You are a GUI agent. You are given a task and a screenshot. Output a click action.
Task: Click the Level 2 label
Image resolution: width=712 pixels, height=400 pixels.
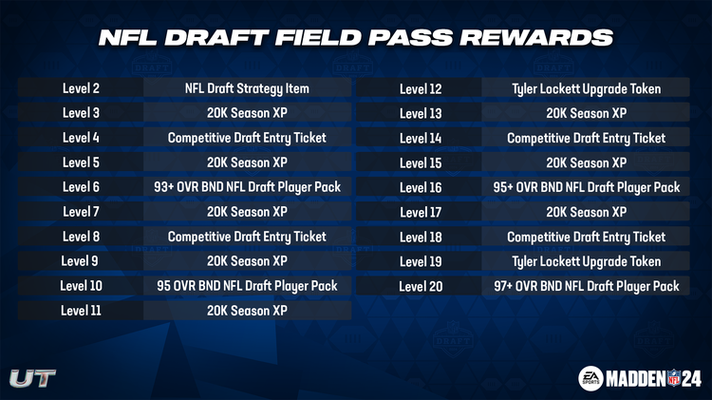(x=82, y=88)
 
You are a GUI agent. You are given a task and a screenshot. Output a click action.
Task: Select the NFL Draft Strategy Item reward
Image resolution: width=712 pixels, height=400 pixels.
(x=247, y=88)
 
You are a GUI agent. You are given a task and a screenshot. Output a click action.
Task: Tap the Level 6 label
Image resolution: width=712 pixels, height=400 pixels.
(x=82, y=187)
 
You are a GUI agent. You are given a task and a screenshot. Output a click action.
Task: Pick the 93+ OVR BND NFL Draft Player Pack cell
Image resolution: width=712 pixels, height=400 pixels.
(x=247, y=187)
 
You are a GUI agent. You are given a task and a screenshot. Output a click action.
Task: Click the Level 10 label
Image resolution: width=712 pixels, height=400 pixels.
(x=82, y=286)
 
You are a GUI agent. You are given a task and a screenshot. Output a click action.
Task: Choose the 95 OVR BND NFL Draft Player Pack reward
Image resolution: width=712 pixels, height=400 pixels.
(x=247, y=286)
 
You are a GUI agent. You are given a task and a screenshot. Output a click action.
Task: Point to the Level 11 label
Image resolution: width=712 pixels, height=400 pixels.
(x=82, y=311)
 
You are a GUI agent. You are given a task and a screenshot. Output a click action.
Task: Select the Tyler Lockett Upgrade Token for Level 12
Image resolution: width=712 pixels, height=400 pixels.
(x=586, y=89)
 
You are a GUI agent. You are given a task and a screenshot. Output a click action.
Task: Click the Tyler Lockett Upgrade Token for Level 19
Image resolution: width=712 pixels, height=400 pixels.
(x=586, y=261)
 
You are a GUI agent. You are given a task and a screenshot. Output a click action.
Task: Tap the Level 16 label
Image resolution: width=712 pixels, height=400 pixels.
(x=421, y=188)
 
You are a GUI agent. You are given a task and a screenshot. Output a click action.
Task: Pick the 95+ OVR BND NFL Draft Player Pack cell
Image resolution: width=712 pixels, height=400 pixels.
(x=586, y=188)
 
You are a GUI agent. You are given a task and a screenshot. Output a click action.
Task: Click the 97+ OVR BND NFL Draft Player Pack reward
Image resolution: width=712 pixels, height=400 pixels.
(x=586, y=286)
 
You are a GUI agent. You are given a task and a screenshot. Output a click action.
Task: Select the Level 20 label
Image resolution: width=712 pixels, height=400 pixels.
(x=421, y=286)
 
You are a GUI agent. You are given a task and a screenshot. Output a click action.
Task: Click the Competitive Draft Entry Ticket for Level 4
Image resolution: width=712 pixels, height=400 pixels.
(x=247, y=138)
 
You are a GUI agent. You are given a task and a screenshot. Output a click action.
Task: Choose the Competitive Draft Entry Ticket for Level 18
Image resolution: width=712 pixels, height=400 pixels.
(x=586, y=237)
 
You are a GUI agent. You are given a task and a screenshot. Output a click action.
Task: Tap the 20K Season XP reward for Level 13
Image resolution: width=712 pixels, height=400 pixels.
(x=586, y=114)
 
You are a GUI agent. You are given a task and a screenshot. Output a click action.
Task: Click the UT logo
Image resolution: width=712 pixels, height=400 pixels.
(x=32, y=377)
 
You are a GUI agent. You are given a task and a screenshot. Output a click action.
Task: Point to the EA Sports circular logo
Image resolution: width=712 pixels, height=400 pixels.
(x=591, y=377)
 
